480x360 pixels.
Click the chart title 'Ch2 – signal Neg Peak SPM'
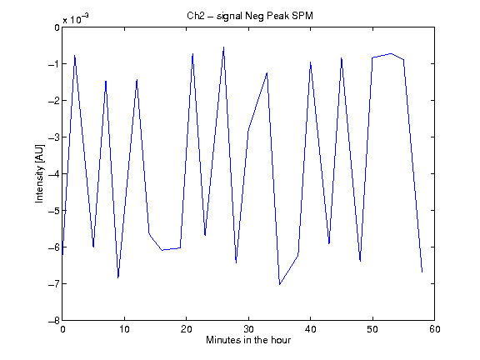click(250, 16)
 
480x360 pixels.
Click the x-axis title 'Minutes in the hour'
click(248, 340)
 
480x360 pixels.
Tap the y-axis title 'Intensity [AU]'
click(39, 173)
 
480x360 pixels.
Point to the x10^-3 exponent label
click(76, 18)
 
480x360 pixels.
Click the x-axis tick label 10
click(124, 329)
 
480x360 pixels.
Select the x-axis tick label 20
click(186, 329)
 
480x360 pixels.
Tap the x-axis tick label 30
click(248, 329)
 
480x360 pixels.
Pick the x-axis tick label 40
click(310, 329)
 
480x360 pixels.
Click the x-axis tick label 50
click(372, 329)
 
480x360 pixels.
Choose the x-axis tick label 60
click(434, 329)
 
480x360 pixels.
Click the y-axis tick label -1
click(54, 64)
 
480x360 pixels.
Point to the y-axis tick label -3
click(54, 137)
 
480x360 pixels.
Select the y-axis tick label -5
click(54, 211)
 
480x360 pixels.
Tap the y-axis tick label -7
click(54, 284)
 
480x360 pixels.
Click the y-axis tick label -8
click(54, 321)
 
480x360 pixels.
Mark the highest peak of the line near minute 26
click(224, 47)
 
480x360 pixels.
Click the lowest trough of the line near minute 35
click(279, 284)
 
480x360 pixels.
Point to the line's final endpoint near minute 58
click(422, 272)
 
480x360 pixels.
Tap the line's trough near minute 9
click(118, 277)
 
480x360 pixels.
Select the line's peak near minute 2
click(75, 55)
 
